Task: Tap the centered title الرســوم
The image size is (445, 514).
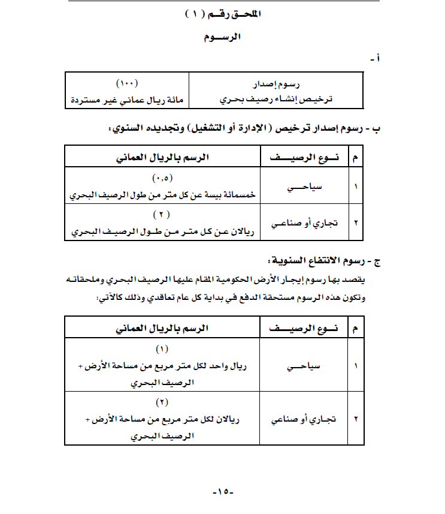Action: click(222, 37)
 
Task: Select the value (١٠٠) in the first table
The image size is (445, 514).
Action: click(126, 83)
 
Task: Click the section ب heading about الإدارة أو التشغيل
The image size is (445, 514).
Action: click(241, 129)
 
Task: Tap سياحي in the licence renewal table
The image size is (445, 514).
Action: click(304, 187)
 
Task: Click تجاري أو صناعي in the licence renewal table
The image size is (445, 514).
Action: click(304, 223)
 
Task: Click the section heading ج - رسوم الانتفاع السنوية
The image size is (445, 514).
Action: click(324, 261)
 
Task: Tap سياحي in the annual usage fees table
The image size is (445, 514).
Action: click(304, 366)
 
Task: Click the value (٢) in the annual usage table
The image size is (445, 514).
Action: click(162, 402)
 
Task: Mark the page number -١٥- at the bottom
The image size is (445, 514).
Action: click(222, 492)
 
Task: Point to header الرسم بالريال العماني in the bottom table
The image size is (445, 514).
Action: click(162, 328)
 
